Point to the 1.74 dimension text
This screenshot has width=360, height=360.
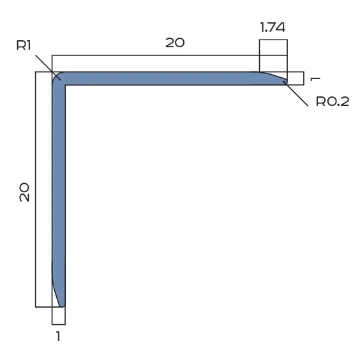[273, 28]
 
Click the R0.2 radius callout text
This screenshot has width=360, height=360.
[333, 102]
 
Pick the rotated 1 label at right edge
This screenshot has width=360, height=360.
[314, 78]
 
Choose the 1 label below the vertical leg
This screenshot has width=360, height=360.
[58, 336]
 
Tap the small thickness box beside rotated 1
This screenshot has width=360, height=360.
[295, 78]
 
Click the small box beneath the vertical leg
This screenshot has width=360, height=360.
[58, 315]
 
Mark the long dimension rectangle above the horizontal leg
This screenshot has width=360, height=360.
[156, 63]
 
